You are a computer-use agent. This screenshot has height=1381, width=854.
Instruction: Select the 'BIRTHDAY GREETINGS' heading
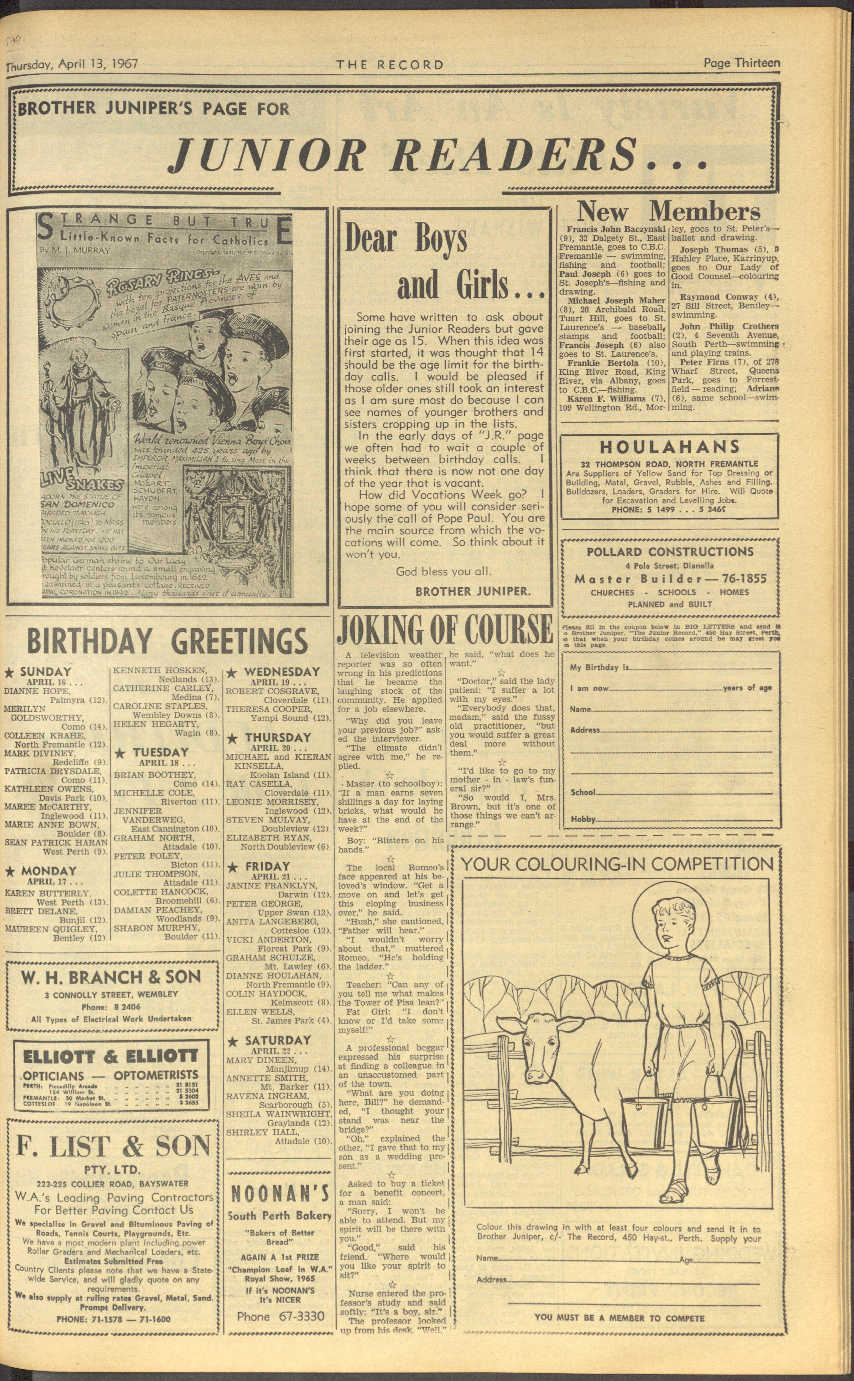(x=167, y=641)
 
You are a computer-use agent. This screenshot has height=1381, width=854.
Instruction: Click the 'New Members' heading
(x=668, y=212)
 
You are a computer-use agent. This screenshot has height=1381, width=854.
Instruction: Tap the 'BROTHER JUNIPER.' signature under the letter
(x=473, y=592)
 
